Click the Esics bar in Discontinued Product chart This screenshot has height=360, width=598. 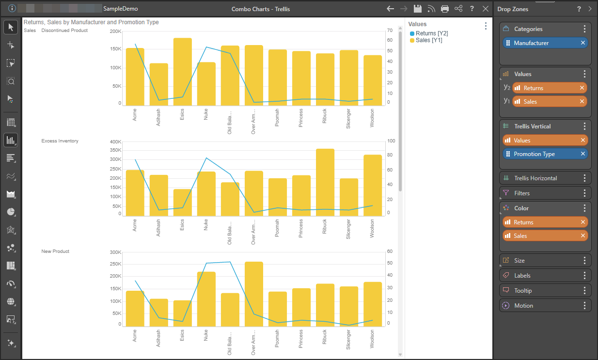click(183, 72)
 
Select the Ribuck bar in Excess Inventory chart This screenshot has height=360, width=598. click(325, 182)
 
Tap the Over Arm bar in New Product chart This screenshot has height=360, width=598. click(253, 294)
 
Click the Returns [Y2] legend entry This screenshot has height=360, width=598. click(429, 33)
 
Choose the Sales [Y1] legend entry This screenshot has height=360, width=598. click(426, 40)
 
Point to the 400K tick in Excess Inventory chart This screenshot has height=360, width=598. click(116, 141)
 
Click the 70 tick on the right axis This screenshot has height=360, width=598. click(390, 31)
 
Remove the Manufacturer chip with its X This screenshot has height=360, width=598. click(583, 43)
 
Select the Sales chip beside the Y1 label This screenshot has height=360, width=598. click(550, 101)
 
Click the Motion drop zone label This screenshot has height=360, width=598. click(523, 306)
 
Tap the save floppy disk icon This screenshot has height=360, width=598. click(418, 9)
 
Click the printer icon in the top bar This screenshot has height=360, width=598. click(445, 9)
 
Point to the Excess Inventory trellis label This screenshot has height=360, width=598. click(60, 141)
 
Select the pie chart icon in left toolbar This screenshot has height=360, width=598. click(11, 212)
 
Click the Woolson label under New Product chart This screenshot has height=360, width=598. click(372, 339)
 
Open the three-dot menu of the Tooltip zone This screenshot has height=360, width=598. click(584, 290)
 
